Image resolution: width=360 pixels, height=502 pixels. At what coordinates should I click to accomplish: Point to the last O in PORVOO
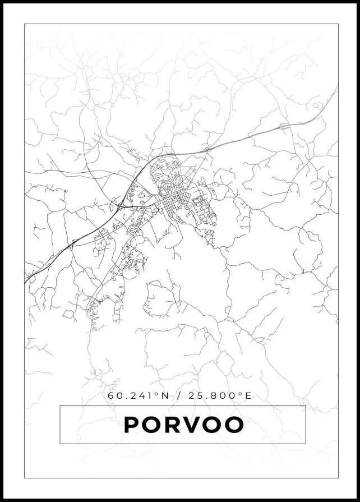tap(234, 425)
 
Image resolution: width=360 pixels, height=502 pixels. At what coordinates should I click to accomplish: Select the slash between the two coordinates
tap(179, 396)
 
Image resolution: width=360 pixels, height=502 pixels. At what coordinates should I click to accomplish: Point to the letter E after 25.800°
tap(248, 396)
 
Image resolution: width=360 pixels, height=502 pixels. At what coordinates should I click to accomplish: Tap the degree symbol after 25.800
tap(241, 394)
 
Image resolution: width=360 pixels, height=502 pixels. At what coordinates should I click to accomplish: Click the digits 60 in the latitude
tap(114, 396)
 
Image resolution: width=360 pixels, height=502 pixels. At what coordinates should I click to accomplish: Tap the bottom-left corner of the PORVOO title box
tap(60, 443)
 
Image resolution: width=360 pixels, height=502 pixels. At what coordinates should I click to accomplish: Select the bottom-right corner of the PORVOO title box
tap(306, 443)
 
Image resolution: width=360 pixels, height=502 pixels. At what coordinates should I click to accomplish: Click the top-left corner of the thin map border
tap(25, 24)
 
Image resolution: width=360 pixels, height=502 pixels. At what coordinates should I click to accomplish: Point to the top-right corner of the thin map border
tap(338, 24)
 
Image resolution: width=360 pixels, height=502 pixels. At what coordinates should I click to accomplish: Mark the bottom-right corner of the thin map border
tap(338, 478)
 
